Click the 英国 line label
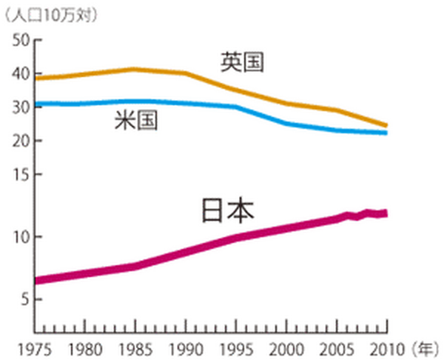coord(242,61)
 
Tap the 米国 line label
coord(136,121)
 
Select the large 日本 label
coord(227,211)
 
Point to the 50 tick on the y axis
coord(21,40)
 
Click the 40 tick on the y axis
coord(21,74)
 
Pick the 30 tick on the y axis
coord(21,107)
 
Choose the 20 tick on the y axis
coord(21,141)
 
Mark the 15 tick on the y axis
coord(21,175)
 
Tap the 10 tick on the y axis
coord(21,237)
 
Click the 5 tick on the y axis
coord(24,300)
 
